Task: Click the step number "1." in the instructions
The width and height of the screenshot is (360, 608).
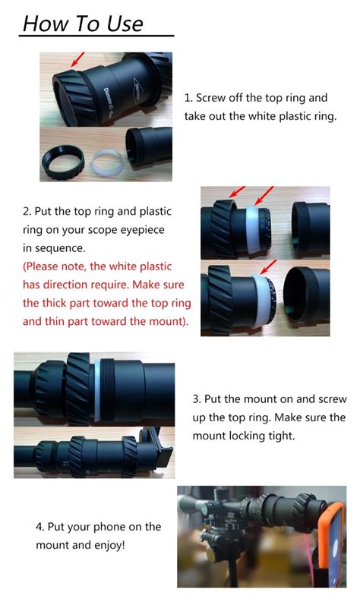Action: (x=188, y=99)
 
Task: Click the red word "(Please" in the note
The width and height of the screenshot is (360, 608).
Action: (x=46, y=266)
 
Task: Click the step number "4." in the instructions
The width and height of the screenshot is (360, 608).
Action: (x=39, y=526)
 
